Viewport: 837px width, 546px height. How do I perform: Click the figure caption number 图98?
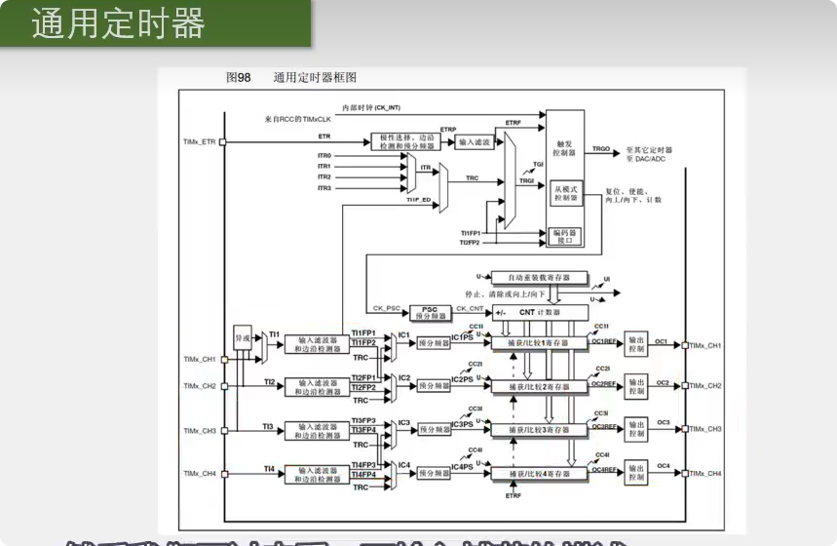point(238,77)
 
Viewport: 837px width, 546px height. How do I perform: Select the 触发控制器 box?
point(564,147)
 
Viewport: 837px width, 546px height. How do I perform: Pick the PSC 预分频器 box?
point(431,313)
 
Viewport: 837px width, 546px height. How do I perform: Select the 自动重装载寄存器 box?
point(539,278)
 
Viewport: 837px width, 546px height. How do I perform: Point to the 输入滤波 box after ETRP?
point(475,142)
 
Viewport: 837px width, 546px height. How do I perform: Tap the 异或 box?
point(244,338)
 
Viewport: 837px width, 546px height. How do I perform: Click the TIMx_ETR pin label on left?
point(199,142)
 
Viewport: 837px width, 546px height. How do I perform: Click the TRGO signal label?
point(602,149)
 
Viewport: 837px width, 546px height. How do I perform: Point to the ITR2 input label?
point(323,176)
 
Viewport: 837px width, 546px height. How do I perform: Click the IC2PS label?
point(463,379)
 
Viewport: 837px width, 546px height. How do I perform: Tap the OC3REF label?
point(604,426)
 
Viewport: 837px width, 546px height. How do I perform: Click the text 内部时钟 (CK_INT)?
point(369,107)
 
